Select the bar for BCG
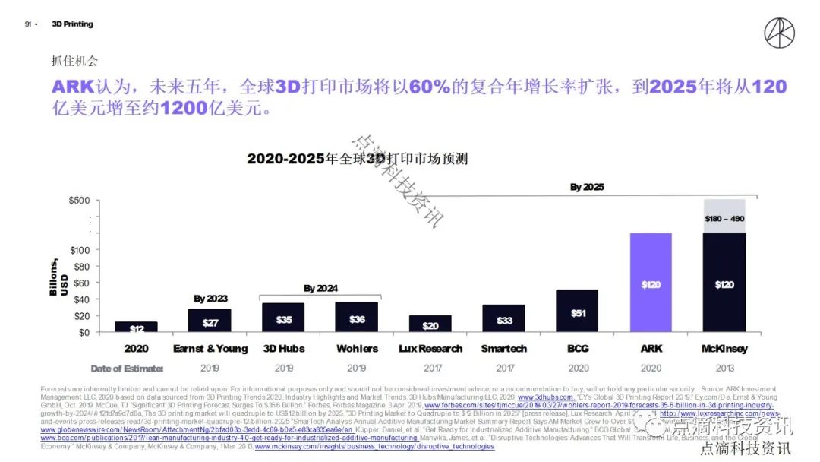pyautogui.click(x=576, y=311)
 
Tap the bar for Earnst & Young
pyautogui.click(x=209, y=320)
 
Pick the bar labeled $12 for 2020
pyautogui.click(x=136, y=327)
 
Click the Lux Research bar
pyautogui.click(x=430, y=323)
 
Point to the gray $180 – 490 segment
pyautogui.click(x=724, y=216)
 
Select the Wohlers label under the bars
pyautogui.click(x=357, y=349)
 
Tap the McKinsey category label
pyautogui.click(x=724, y=349)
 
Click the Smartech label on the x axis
pyautogui.click(x=503, y=349)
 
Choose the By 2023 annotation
pyautogui.click(x=210, y=299)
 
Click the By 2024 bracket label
pyautogui.click(x=320, y=289)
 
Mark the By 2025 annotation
pyautogui.click(x=587, y=187)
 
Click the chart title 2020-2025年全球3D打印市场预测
pyautogui.click(x=357, y=159)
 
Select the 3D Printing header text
pyautogui.click(x=72, y=24)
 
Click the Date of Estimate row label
pyautogui.click(x=127, y=369)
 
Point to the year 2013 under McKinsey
pyautogui.click(x=724, y=369)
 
